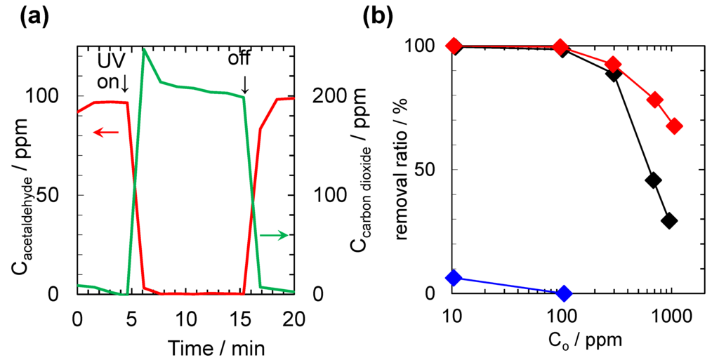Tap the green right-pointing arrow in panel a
[x=274, y=235]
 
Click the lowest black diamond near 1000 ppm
[x=669, y=220]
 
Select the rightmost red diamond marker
[x=675, y=126]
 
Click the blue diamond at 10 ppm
[x=454, y=277]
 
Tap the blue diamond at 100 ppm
[x=564, y=293]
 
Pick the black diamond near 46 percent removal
[x=653, y=180]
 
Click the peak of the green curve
[x=144, y=48]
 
